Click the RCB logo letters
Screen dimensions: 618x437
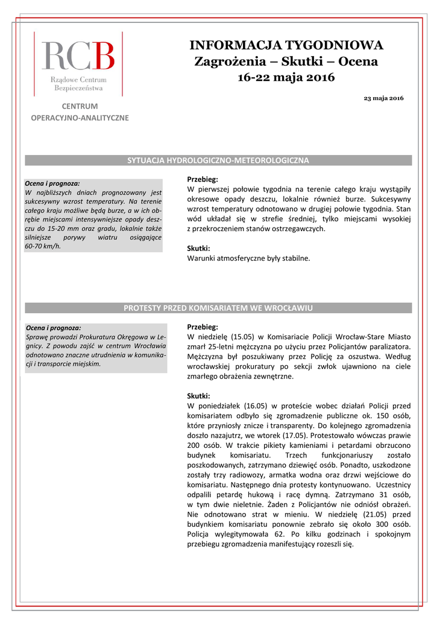(x=78, y=56)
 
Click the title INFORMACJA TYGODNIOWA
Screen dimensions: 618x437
(x=286, y=45)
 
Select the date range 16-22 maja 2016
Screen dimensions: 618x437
(x=286, y=77)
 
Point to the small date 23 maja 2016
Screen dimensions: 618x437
(x=384, y=98)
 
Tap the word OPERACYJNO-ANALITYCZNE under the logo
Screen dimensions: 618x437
(x=80, y=118)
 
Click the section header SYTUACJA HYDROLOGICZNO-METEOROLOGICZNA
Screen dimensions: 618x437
(x=218, y=161)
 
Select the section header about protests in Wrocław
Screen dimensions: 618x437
(x=218, y=308)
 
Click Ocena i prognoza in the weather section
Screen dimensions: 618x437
(x=52, y=183)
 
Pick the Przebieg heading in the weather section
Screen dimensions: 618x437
(x=203, y=179)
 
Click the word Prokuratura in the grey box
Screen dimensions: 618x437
(x=90, y=336)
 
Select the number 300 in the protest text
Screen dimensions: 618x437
(x=383, y=524)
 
